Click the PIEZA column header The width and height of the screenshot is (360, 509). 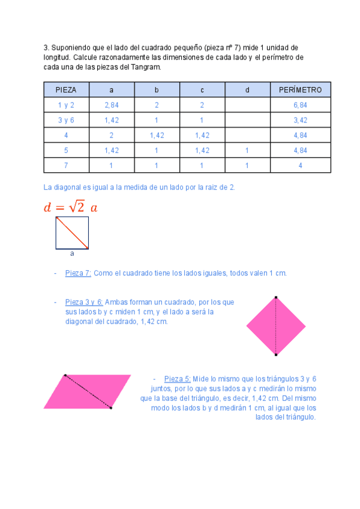66,90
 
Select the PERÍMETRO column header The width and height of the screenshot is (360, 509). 300,90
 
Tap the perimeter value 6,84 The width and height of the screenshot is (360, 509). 300,105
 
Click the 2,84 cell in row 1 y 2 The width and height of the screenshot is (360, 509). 111,105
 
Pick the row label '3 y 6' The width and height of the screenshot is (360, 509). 66,120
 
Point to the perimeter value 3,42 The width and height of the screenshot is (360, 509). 300,120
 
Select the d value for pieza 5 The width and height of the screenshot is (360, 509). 247,150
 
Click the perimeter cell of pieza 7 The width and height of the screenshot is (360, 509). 300,165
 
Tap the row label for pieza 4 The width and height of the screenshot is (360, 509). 66,135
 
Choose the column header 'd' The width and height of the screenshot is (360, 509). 247,90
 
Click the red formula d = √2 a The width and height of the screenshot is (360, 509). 70,207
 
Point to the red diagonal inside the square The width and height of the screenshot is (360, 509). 73,233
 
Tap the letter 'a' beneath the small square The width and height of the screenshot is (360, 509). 72,254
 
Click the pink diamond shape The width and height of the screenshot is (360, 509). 276,326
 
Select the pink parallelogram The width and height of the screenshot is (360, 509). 87,391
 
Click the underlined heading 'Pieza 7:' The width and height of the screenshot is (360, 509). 78,273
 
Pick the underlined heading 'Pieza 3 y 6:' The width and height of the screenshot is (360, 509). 84,302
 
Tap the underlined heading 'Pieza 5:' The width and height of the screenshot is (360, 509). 178,379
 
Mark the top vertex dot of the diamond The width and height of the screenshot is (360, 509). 276,297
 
